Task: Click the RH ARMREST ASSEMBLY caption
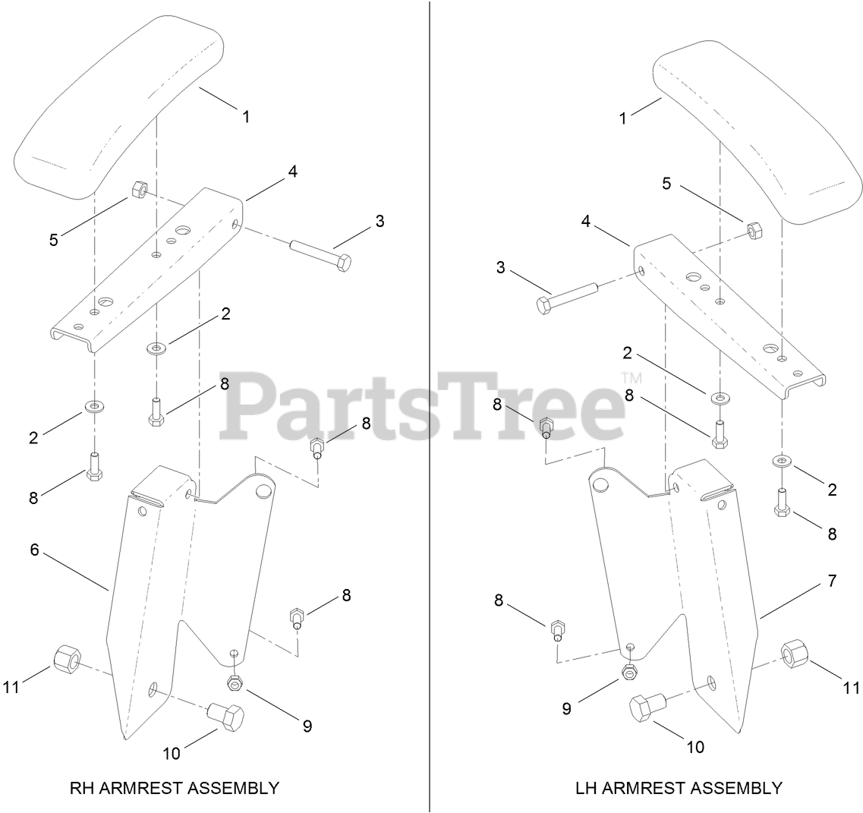pyautogui.click(x=174, y=788)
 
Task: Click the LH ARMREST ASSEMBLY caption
pyautogui.click(x=678, y=788)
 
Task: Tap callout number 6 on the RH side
pyautogui.click(x=34, y=550)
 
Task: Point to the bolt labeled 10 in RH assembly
pyautogui.click(x=226, y=715)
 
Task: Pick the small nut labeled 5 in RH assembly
pyautogui.click(x=140, y=189)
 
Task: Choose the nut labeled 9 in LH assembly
pyautogui.click(x=629, y=671)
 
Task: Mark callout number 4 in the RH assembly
pyautogui.click(x=292, y=172)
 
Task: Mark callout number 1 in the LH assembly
pyautogui.click(x=623, y=119)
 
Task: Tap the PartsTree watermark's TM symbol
pyautogui.click(x=631, y=377)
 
